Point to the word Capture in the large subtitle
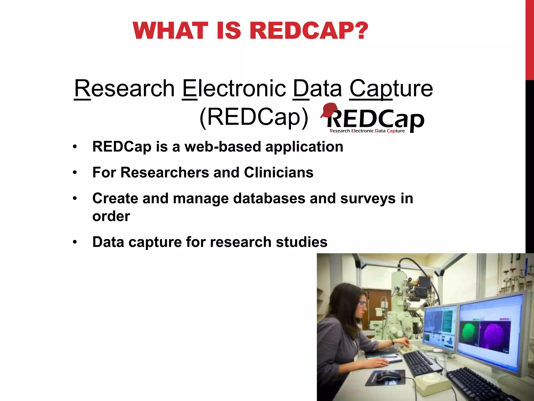click(391, 89)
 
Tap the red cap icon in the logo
click(329, 110)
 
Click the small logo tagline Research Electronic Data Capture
click(367, 131)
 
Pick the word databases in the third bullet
click(269, 198)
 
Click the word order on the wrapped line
click(111, 216)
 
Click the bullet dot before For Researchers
click(75, 173)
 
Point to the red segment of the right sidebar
click(530, 39)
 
